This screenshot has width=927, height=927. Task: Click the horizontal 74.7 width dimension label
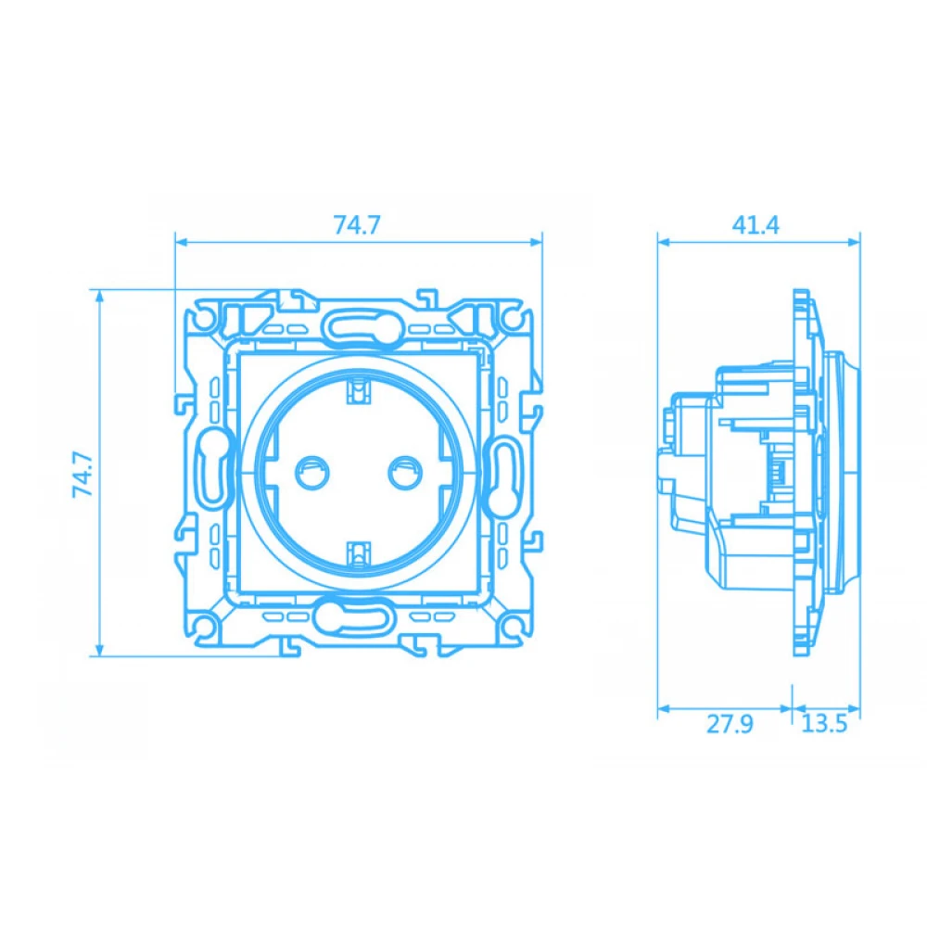tap(357, 225)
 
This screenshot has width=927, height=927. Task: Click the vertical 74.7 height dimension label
tap(83, 474)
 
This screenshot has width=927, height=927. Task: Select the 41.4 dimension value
tap(756, 225)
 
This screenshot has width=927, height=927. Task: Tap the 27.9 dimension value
tap(730, 724)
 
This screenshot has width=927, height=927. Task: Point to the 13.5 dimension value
tap(824, 724)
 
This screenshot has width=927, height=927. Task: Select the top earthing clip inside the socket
tap(357, 393)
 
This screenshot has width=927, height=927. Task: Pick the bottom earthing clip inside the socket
tap(357, 554)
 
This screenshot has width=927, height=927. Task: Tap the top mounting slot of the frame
tap(357, 324)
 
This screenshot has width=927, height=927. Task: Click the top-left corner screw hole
tap(203, 317)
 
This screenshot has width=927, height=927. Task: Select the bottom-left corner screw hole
tap(203, 629)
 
